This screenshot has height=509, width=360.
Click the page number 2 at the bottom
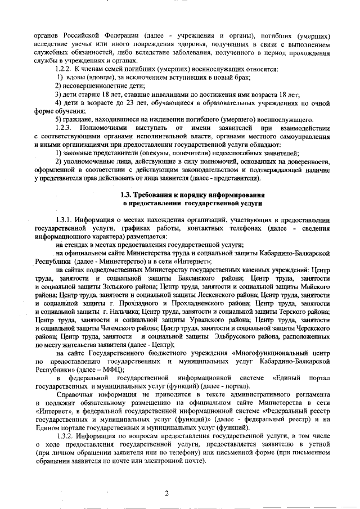point(166,493)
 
